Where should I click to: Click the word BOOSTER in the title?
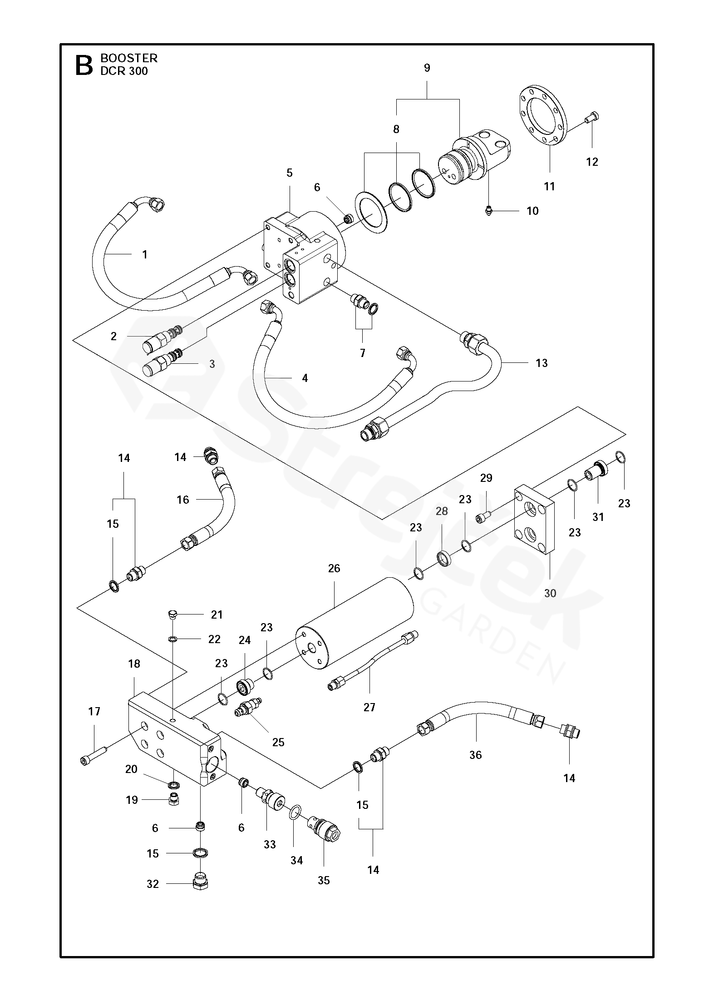[x=129, y=58]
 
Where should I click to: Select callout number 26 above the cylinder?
[x=334, y=569]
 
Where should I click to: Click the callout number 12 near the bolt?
[x=592, y=162]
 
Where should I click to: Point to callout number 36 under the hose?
[x=475, y=755]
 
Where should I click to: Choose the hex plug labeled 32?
[x=200, y=882]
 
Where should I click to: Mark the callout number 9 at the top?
[x=427, y=68]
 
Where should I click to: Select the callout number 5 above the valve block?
[x=290, y=173]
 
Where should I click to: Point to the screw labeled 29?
[x=483, y=516]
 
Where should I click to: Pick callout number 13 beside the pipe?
[x=542, y=363]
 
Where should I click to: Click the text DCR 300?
[x=124, y=71]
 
